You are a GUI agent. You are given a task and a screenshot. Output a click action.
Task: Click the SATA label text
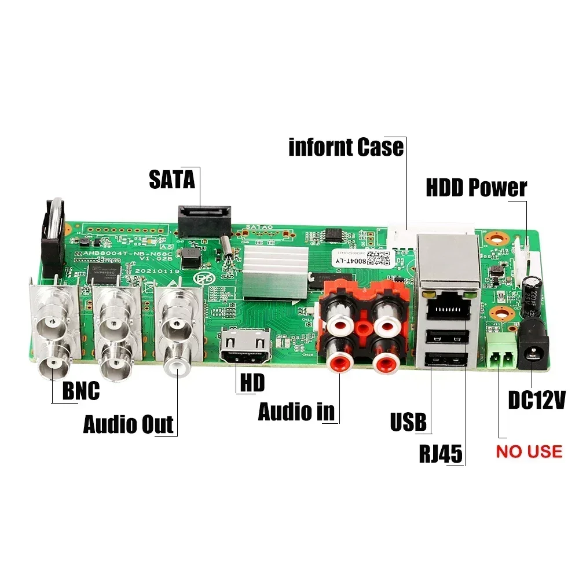(172, 179)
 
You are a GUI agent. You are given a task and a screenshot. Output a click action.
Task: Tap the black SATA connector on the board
(204, 219)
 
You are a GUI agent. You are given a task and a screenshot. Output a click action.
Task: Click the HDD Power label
(476, 188)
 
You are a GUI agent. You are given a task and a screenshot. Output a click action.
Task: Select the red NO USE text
(529, 451)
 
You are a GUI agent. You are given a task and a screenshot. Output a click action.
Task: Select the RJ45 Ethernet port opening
(446, 307)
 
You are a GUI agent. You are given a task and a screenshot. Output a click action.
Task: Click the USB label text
(408, 422)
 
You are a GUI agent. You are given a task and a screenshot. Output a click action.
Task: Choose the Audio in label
(296, 411)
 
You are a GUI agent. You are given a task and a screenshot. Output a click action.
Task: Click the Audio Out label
(128, 424)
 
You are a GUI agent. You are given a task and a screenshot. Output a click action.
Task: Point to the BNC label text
(80, 391)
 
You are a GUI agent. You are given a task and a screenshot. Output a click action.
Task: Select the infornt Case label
(346, 147)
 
